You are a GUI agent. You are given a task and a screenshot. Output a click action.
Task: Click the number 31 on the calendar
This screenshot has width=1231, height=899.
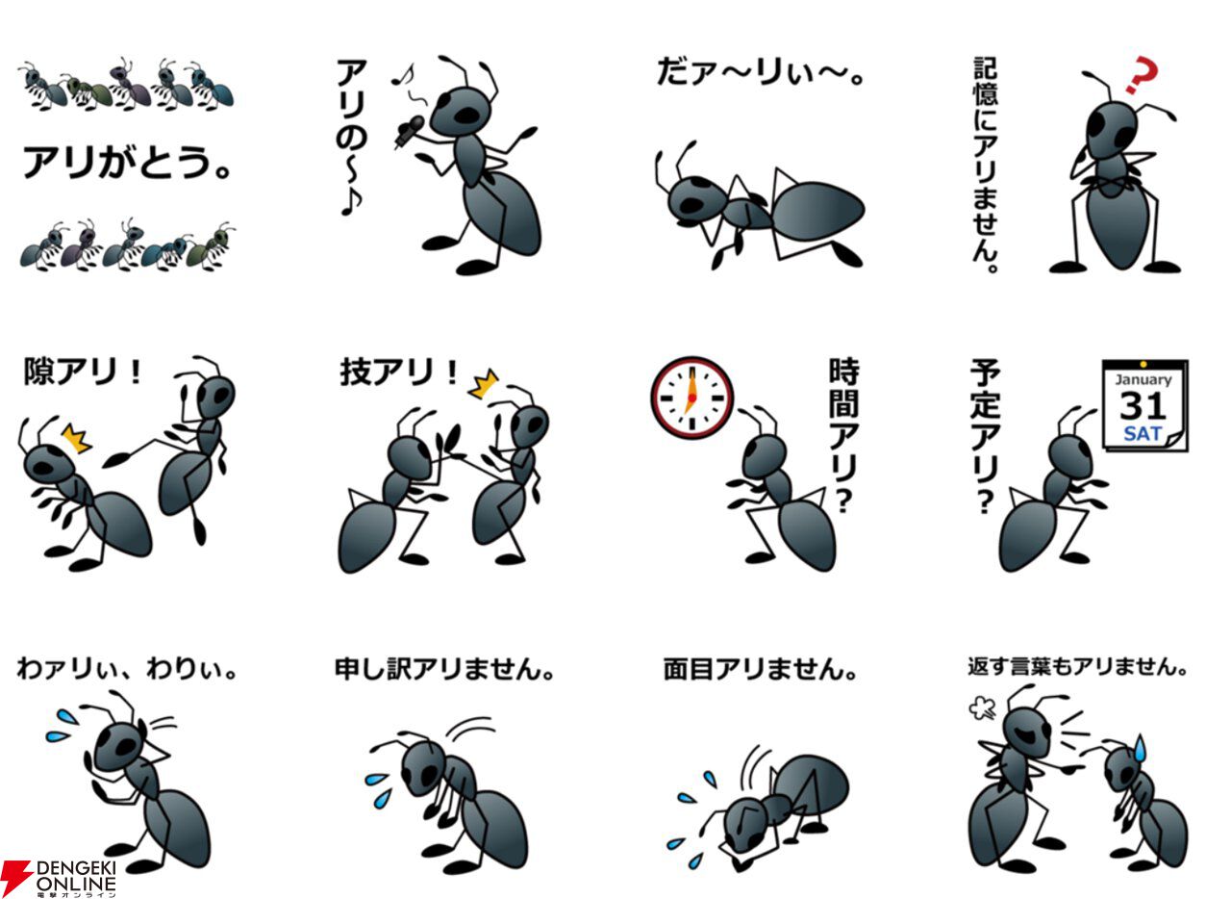1143,406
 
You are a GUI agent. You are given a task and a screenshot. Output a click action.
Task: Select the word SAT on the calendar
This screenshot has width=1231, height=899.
1143,434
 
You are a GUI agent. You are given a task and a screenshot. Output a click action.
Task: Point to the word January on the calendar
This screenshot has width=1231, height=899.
1143,380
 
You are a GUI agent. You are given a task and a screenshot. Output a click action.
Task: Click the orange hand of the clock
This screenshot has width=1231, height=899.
691,393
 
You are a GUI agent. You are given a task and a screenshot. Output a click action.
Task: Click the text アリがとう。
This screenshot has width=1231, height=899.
126,163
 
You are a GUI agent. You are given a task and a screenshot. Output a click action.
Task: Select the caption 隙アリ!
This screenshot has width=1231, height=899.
83,372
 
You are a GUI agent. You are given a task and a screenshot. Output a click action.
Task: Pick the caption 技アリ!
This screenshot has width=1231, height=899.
398,372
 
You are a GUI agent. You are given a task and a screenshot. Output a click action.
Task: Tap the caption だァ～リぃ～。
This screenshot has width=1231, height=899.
760,73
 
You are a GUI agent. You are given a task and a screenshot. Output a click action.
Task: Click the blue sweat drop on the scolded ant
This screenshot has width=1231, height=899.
1141,748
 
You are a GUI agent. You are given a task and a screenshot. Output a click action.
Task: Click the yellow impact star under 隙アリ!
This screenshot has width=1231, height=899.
76,438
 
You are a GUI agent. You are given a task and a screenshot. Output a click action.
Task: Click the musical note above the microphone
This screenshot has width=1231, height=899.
403,75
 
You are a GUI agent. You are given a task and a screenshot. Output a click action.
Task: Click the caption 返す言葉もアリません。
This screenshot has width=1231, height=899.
1077,667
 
